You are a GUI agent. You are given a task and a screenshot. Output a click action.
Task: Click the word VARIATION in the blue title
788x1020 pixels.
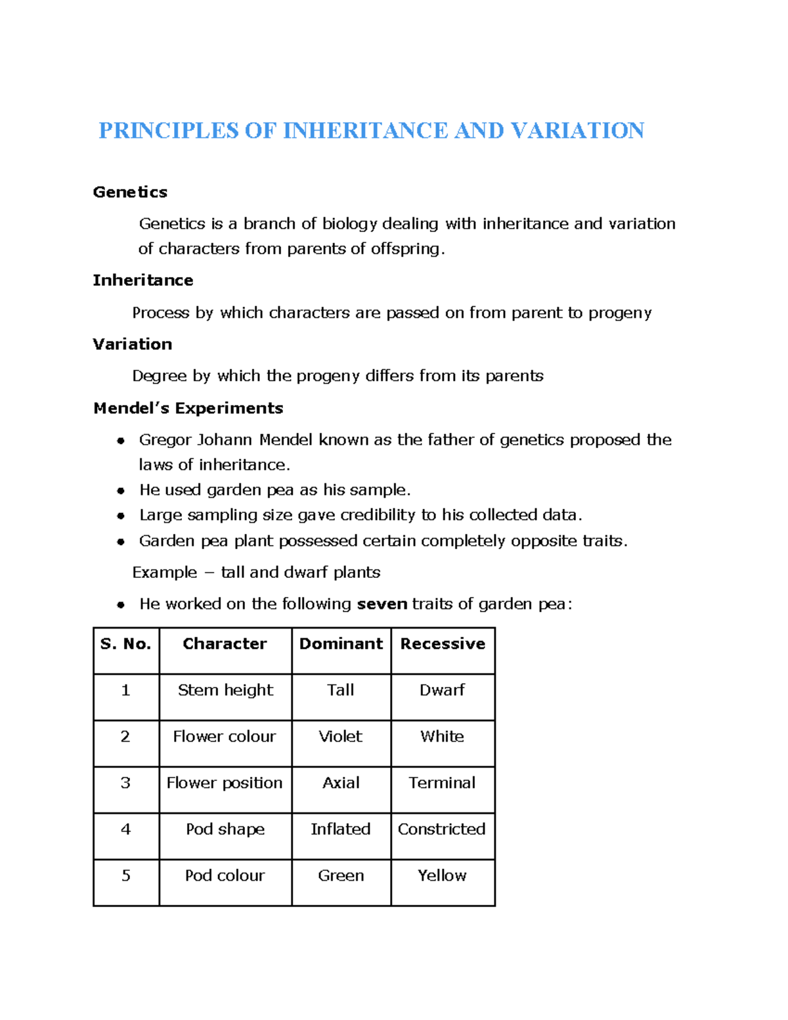(x=577, y=131)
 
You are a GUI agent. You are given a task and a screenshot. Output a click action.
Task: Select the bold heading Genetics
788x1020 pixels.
(x=130, y=192)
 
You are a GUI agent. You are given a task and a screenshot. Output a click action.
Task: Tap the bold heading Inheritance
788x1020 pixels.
(x=142, y=280)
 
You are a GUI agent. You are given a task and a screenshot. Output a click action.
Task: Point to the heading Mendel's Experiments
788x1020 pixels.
(x=188, y=409)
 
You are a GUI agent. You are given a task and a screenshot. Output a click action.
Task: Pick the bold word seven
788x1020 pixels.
(x=382, y=604)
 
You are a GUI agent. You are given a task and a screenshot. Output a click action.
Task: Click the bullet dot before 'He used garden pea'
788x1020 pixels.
(x=121, y=491)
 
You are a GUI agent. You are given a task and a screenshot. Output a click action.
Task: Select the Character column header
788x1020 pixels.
(x=225, y=644)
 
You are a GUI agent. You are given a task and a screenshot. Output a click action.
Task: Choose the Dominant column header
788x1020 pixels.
(x=341, y=644)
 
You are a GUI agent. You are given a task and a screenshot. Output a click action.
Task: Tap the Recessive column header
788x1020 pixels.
(x=443, y=644)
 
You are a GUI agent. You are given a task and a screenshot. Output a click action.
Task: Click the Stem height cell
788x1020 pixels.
(x=225, y=690)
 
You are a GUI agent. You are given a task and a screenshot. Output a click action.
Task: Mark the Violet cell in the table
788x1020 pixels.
(x=340, y=737)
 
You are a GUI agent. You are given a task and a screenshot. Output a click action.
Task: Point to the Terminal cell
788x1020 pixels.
(x=442, y=783)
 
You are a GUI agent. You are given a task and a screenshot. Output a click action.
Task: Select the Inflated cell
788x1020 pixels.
(x=340, y=830)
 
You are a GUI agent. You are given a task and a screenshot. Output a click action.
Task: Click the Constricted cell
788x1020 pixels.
(x=442, y=830)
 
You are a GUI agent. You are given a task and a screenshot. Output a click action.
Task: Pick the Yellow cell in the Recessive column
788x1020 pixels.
(x=442, y=876)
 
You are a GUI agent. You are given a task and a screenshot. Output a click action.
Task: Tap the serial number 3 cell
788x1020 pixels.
(x=125, y=783)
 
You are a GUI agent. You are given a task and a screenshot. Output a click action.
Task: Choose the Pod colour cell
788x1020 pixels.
(x=225, y=876)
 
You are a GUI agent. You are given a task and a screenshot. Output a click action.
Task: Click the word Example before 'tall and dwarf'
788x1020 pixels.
(x=164, y=573)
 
